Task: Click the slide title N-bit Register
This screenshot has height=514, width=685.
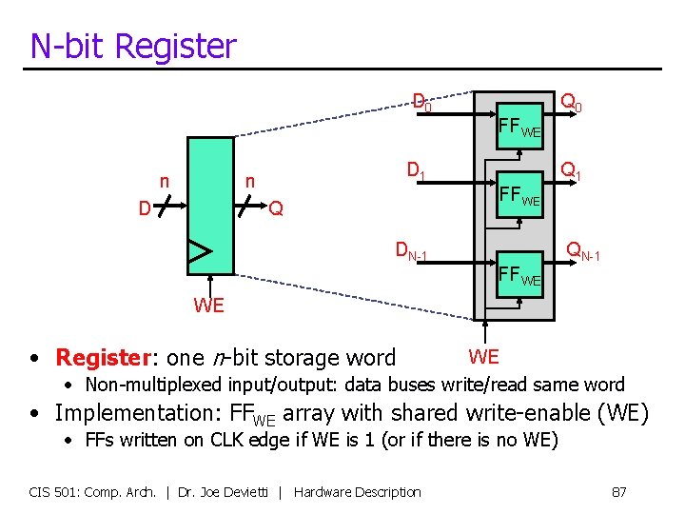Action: [133, 46]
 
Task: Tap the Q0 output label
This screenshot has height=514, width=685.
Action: [571, 101]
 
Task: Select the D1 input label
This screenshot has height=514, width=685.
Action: [416, 172]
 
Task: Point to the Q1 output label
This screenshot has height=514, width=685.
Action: [571, 172]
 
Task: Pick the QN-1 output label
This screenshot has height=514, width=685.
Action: [582, 251]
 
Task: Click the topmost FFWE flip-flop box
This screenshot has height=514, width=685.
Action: [519, 124]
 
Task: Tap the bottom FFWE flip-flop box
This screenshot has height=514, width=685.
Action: [519, 276]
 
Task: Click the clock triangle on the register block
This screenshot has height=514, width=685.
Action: [199, 251]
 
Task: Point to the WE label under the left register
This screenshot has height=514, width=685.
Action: [208, 306]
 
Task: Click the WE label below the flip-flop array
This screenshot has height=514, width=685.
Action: [483, 357]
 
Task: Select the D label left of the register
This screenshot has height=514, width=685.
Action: [144, 208]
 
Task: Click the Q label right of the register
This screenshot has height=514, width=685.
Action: [276, 208]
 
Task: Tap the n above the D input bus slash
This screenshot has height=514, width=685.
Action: [164, 181]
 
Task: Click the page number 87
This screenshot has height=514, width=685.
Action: [618, 491]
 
